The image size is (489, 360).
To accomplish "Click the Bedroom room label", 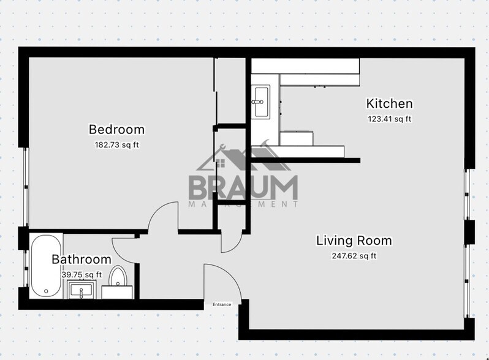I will [116, 130].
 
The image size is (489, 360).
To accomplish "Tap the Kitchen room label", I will [389, 103].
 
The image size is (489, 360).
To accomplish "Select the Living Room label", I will [354, 240].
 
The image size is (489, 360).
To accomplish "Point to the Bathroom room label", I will [81, 260].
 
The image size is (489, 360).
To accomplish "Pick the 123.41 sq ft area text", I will [389, 118].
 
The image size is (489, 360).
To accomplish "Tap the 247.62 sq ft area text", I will [354, 255].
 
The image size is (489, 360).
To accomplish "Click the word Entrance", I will [222, 304].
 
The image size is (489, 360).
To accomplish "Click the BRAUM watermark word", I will [243, 187].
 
